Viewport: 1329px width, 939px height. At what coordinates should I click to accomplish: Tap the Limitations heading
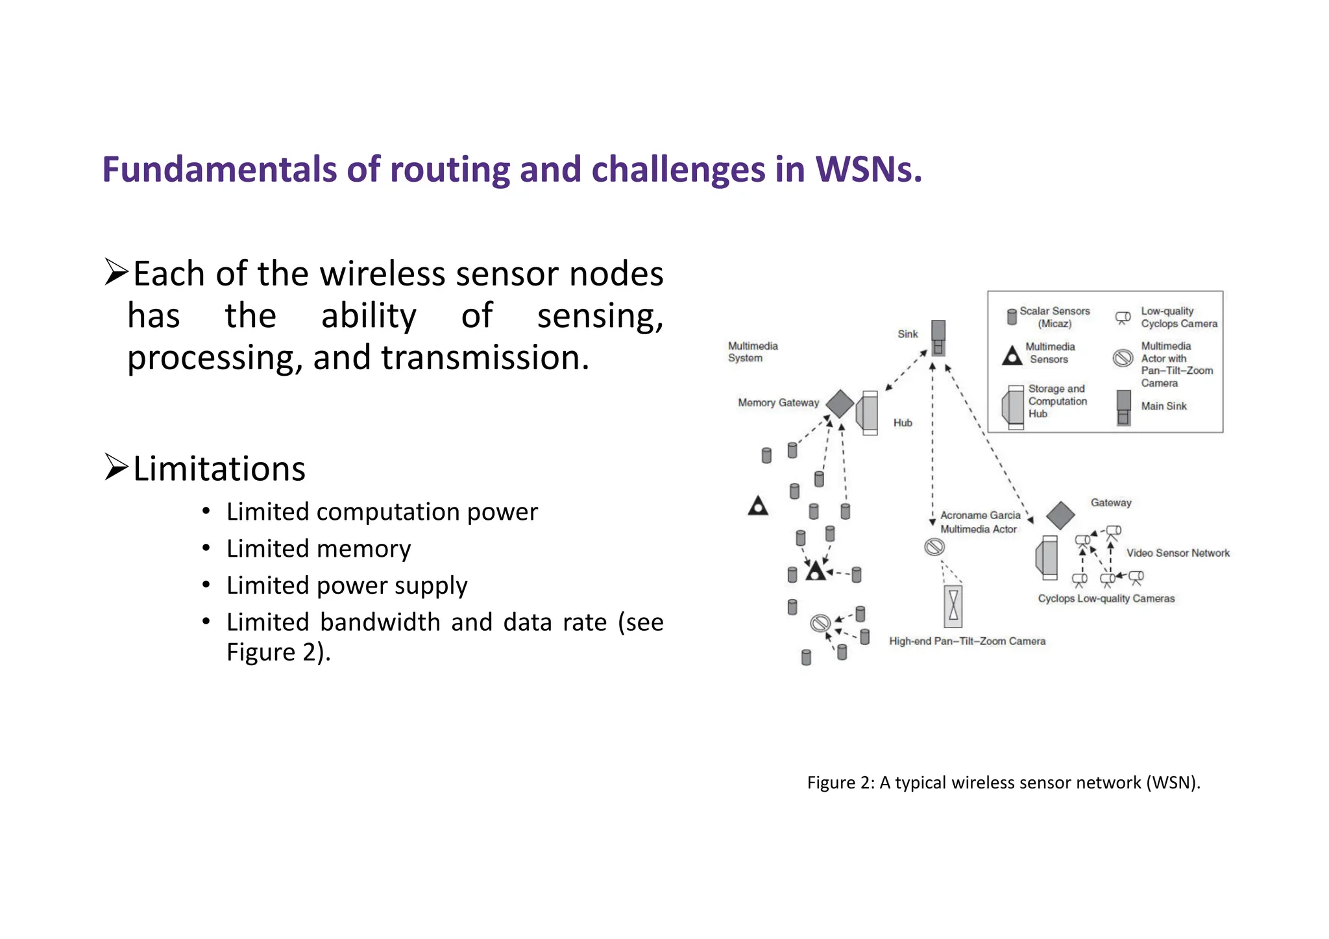pos(219,469)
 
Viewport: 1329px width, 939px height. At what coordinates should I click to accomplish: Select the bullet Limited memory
pos(318,549)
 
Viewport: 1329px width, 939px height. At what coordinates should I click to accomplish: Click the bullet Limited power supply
pos(347,585)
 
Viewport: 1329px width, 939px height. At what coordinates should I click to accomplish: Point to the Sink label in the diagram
pos(907,334)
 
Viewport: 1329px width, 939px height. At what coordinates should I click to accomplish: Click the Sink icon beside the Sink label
pos(938,337)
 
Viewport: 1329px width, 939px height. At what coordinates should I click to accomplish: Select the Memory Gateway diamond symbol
pos(840,404)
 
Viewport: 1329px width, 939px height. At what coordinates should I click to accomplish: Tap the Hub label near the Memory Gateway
pos(903,423)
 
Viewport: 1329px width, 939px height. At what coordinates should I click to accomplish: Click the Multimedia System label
pos(752,352)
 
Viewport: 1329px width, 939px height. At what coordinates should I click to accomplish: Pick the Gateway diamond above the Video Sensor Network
pos(1060,515)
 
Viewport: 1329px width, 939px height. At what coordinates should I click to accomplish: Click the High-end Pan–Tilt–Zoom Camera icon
pos(953,606)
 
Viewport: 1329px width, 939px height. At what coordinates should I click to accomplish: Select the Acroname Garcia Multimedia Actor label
pos(980,522)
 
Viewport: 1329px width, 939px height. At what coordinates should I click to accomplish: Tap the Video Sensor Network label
pos(1178,553)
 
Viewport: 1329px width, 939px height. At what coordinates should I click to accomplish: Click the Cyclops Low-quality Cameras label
pos(1106,598)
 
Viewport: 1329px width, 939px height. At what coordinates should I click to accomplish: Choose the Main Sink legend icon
pos(1123,408)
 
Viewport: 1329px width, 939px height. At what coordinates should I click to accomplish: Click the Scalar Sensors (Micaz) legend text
pos(1055,317)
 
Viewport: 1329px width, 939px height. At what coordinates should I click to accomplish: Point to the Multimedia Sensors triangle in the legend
pos(1012,356)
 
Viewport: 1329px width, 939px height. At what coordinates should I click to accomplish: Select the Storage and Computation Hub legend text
pos(1057,401)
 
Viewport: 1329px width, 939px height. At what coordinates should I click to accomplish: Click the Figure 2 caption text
pos(1003,783)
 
